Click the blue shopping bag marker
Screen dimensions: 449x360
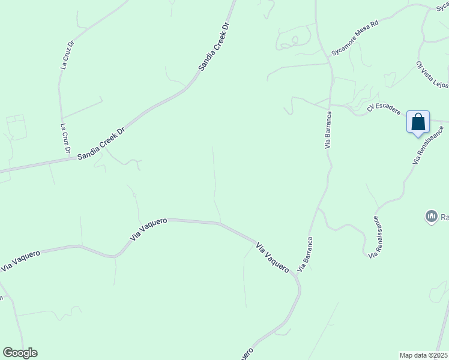pyautogui.click(x=418, y=122)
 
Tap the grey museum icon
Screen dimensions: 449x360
pyautogui.click(x=430, y=216)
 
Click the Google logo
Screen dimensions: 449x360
pyautogui.click(x=20, y=353)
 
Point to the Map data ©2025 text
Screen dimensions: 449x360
pyautogui.click(x=423, y=355)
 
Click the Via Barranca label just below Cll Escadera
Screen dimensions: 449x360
pyautogui.click(x=328, y=129)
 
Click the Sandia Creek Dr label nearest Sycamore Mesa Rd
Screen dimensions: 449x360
pyautogui.click(x=215, y=47)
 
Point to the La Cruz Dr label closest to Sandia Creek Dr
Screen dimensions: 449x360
pyautogui.click(x=65, y=138)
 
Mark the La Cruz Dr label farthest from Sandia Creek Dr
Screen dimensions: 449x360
pyautogui.click(x=67, y=55)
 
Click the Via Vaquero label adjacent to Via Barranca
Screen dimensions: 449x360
pyautogui.click(x=273, y=258)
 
